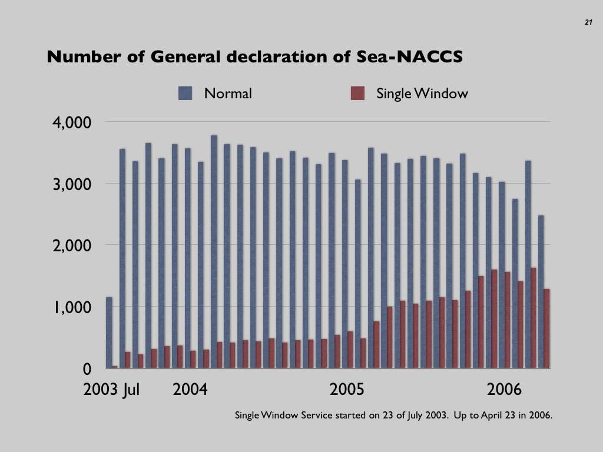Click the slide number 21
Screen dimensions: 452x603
588,22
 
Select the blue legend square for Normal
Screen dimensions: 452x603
185,93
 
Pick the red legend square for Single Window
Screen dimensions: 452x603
357,93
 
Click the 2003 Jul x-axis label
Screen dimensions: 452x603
112,390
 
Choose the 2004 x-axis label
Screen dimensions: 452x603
190,390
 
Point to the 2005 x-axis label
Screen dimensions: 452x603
347,390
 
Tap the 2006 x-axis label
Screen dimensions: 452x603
504,390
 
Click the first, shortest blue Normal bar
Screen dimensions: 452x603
109,333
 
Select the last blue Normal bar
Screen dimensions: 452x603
541,292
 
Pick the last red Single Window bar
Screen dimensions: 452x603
546,328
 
